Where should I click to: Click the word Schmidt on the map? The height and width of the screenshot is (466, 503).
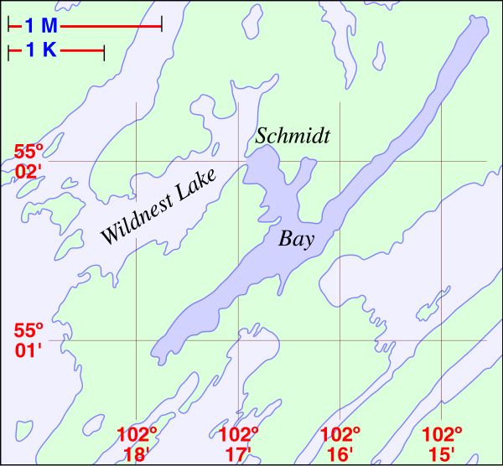coord(293,135)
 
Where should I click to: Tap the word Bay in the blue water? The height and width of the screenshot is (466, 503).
coord(296,240)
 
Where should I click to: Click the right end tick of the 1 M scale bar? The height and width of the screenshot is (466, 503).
coord(161,27)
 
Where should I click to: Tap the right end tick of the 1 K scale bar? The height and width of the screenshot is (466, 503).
coord(103,52)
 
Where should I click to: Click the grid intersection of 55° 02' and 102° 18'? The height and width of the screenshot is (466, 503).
coord(137,161)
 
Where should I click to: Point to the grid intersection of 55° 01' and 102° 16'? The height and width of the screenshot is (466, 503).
coord(340,340)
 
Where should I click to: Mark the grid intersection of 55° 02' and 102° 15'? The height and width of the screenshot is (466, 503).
coord(442,161)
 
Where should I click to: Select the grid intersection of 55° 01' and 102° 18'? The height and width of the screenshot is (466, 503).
coord(137,340)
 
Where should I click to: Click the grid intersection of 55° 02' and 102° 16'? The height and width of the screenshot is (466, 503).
coord(340,161)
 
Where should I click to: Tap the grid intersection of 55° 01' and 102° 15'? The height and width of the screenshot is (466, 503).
coord(442,340)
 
